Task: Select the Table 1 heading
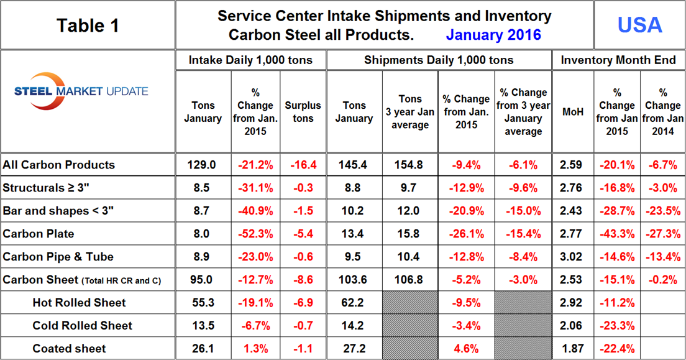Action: pos(88,25)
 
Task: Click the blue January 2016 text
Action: pos(493,35)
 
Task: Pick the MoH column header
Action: pos(572,113)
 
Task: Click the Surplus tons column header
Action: pos(303,112)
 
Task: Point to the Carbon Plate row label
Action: pos(39,234)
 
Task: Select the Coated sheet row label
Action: pos(69,348)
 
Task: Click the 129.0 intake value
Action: pos(203,165)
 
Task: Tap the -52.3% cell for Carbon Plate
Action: pos(255,234)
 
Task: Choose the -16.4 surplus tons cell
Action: pos(303,165)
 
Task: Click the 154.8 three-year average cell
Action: pos(409,165)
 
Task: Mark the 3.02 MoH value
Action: pos(572,257)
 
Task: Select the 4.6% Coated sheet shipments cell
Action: pos(466,348)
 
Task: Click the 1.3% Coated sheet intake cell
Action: pos(255,348)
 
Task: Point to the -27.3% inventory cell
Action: pos(662,234)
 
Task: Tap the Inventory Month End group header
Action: pos(618,60)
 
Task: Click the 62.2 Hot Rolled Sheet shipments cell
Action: pos(354,303)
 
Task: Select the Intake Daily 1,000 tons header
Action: pos(250,60)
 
